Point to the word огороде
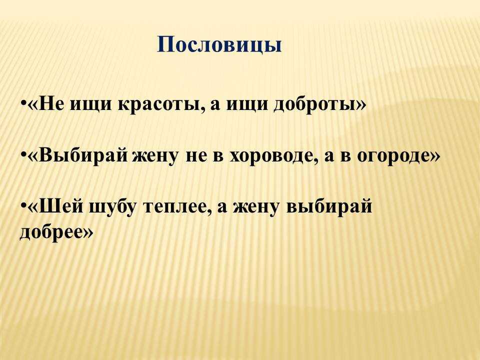(x=393, y=156)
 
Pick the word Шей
(x=61, y=206)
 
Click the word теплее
(x=176, y=207)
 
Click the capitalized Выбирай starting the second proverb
(x=83, y=156)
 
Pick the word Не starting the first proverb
(x=52, y=105)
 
